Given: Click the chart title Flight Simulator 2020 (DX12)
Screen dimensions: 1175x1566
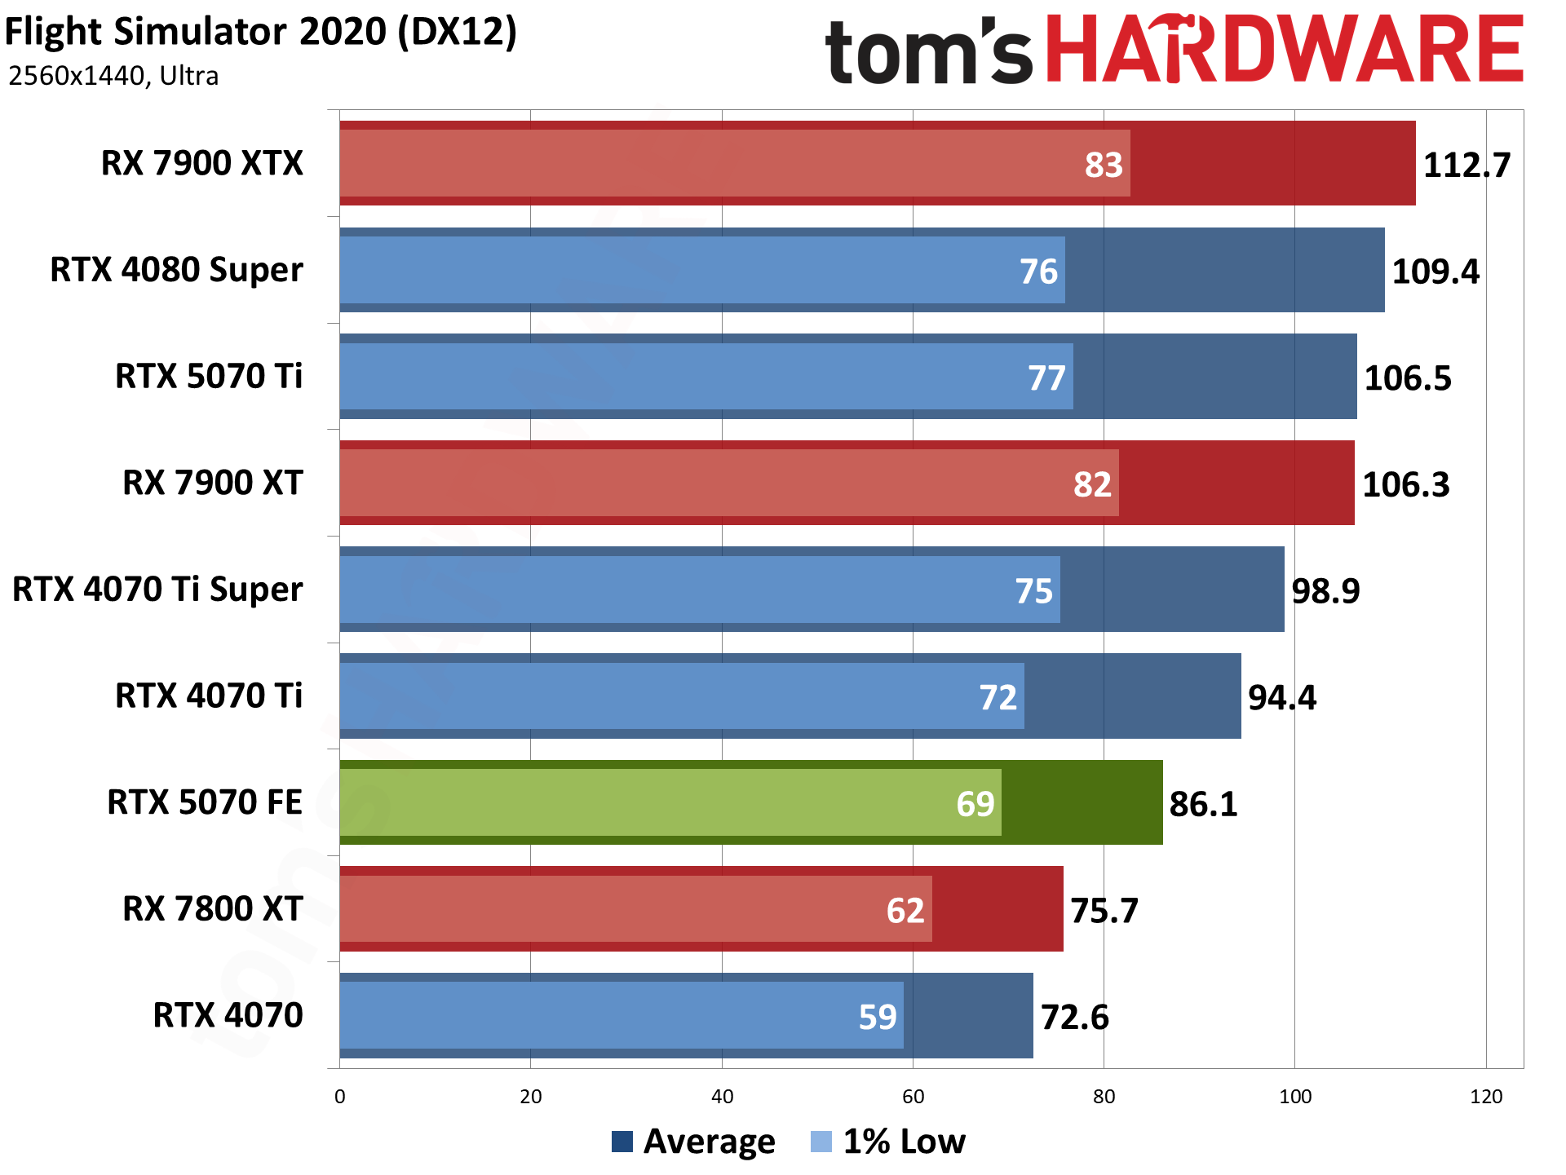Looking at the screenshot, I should pos(261,33).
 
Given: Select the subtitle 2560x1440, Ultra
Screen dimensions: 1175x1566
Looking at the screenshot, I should pos(113,76).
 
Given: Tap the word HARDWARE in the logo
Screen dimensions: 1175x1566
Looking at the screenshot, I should pos(1284,51).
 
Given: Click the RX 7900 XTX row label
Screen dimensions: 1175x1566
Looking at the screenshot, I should pos(201,163).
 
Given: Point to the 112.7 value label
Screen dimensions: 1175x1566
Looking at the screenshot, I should pos(1466,165).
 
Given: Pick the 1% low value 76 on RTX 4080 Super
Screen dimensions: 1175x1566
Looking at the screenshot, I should pos(1037,272).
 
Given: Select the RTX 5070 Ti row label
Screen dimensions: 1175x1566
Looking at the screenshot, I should pos(209,376).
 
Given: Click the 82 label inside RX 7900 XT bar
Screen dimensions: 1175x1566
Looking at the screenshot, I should pos(1091,484).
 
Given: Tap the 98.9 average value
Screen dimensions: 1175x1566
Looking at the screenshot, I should pos(1325,590).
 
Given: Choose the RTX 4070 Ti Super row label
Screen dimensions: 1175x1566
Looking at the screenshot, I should pos(157,589).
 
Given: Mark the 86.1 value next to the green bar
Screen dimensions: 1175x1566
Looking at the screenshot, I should pos(1203,804).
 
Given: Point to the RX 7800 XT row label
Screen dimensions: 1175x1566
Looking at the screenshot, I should pos(212,908).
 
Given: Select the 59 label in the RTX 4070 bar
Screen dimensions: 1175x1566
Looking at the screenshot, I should pos(877,1017).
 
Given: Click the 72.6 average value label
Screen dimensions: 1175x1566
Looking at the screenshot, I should pos(1074,1017).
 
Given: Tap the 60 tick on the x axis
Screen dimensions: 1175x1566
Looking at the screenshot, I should pos(913,1097).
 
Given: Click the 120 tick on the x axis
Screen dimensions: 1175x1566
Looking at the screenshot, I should pos(1485,1097).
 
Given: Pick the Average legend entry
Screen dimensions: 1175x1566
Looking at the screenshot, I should pos(693,1142).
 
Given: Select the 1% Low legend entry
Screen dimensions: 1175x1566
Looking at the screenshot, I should pos(888,1142).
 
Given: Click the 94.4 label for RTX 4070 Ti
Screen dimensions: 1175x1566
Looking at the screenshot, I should pos(1281,697).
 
